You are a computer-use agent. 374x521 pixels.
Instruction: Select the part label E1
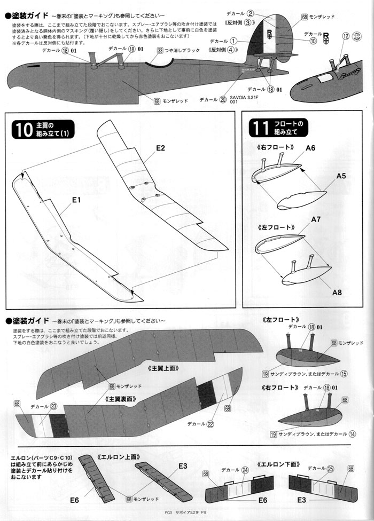coord(76,201)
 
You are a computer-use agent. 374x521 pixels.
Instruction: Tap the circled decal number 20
coord(222,99)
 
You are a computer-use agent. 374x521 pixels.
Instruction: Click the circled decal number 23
coord(54,406)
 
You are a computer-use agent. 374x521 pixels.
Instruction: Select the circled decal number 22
coord(211,424)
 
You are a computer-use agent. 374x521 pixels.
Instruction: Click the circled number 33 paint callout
coord(160,51)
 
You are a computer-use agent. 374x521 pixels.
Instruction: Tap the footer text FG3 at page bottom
coord(170,516)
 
